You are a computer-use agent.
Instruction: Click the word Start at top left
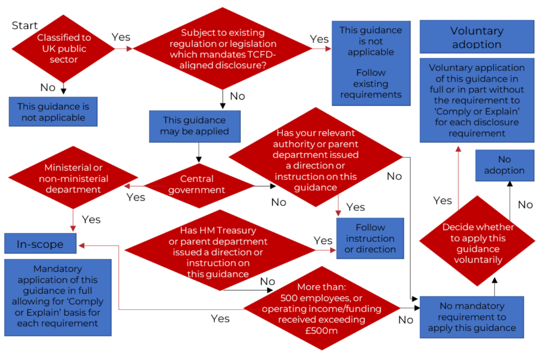tap(25, 25)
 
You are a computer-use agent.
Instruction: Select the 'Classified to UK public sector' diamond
tap(64, 48)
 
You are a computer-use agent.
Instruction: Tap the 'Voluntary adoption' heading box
tap(477, 37)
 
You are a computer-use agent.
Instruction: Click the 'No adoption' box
tap(504, 165)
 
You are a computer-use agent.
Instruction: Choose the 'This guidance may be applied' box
tap(195, 125)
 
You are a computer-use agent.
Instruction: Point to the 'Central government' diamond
tap(197, 184)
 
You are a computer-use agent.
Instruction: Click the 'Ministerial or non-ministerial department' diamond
tap(74, 178)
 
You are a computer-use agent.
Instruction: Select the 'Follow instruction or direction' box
tap(370, 238)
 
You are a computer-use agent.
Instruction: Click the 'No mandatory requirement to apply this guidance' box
tap(472, 317)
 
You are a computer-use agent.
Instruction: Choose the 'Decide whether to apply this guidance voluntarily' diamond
tap(478, 242)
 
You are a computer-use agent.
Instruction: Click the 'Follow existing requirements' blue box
tap(371, 63)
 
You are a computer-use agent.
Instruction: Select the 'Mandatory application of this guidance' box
tap(57, 296)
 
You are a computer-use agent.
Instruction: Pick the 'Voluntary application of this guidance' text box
tap(476, 100)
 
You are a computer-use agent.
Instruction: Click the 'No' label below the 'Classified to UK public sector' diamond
tap(48, 88)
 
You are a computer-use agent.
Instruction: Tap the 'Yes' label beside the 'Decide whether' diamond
tap(443, 200)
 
